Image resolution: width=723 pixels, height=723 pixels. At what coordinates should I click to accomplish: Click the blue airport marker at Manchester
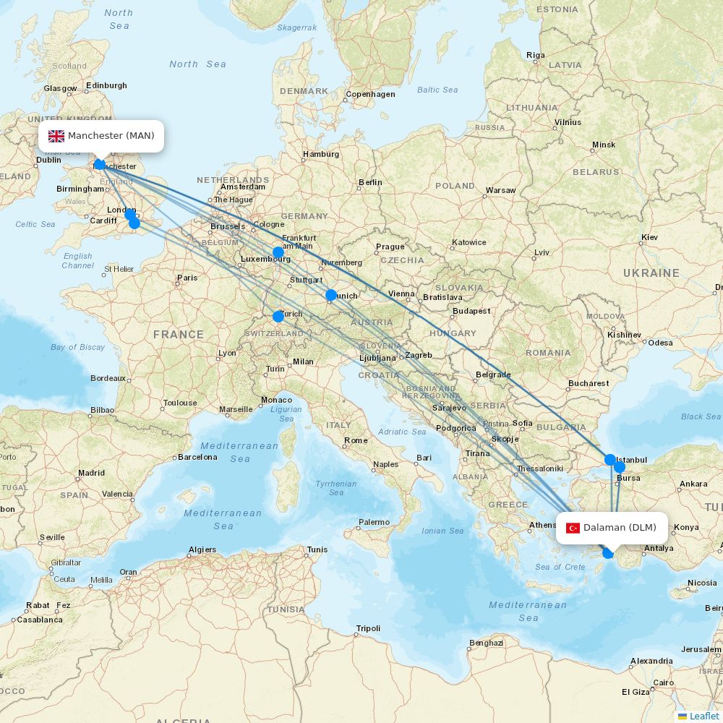click(x=100, y=165)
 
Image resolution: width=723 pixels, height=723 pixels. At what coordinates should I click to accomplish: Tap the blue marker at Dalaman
click(x=608, y=553)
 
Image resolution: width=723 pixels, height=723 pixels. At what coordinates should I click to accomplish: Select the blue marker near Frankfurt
click(x=278, y=252)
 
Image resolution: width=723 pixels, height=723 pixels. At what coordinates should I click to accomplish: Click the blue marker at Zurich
click(x=278, y=316)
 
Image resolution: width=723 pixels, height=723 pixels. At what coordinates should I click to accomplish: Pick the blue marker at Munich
click(x=331, y=295)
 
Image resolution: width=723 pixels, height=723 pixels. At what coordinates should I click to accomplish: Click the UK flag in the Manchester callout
click(x=56, y=136)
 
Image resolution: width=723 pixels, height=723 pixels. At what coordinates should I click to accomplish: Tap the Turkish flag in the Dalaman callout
click(x=573, y=528)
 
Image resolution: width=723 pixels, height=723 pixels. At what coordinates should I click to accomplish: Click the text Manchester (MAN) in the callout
click(x=111, y=136)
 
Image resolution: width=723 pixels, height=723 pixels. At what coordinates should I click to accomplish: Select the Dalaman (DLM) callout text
click(x=620, y=528)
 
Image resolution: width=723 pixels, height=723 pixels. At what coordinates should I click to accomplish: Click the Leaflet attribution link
click(x=703, y=716)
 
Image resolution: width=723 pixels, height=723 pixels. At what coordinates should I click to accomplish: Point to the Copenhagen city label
click(x=370, y=95)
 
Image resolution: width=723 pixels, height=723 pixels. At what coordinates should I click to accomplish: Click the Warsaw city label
click(x=500, y=191)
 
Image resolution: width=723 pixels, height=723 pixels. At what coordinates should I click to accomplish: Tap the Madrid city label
click(x=91, y=474)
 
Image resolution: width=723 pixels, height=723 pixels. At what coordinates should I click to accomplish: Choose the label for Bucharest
click(x=589, y=383)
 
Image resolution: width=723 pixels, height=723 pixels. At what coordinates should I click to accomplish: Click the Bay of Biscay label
click(x=77, y=347)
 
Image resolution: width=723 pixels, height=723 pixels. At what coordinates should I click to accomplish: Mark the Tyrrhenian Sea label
click(x=336, y=488)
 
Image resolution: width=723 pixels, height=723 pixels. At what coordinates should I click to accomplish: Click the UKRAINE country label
click(x=651, y=273)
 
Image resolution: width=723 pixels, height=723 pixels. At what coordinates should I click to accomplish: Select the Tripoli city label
click(x=367, y=628)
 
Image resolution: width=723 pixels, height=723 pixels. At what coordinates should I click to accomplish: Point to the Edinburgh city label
click(x=106, y=85)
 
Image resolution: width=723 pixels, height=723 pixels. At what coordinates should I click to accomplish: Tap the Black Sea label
click(x=701, y=416)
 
